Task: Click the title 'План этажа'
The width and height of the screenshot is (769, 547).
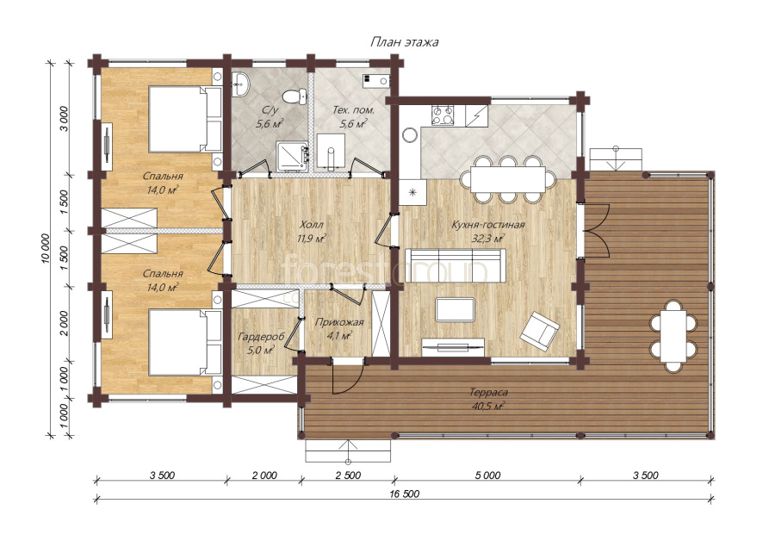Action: (404, 42)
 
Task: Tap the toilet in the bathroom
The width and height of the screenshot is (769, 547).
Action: (295, 96)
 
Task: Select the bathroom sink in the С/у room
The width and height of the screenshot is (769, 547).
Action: (241, 84)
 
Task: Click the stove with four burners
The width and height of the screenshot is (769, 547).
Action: (443, 115)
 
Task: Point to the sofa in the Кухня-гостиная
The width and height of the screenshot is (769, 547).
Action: (456, 265)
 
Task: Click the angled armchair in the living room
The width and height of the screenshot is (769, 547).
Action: (539, 331)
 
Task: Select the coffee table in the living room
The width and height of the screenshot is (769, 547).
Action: (456, 309)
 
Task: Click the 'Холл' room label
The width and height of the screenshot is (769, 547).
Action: (312, 225)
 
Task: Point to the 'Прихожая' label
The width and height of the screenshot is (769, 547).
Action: (339, 322)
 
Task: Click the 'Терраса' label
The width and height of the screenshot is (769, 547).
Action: (488, 393)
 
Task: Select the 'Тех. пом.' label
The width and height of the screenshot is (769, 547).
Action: (353, 110)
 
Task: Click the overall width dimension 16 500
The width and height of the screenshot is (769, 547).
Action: (405, 494)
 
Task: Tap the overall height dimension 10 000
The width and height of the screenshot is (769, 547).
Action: (46, 248)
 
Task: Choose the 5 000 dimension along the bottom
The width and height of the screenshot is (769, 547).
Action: (488, 475)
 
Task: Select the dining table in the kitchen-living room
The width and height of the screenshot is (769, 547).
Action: (507, 179)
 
